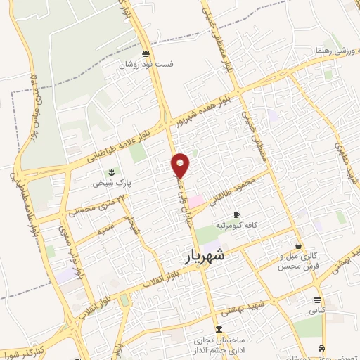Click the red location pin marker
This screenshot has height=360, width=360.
[x=181, y=165]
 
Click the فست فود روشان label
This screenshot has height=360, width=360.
[x=146, y=64]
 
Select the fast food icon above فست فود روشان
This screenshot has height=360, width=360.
[x=146, y=53]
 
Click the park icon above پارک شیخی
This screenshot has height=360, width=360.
[x=110, y=172]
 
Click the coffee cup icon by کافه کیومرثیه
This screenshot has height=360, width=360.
[x=236, y=214]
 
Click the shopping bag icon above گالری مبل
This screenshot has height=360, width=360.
[x=299, y=246]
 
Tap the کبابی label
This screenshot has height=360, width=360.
[x=319, y=308]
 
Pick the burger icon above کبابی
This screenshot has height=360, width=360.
[x=319, y=297]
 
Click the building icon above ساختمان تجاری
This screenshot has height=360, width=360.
[x=221, y=330]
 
